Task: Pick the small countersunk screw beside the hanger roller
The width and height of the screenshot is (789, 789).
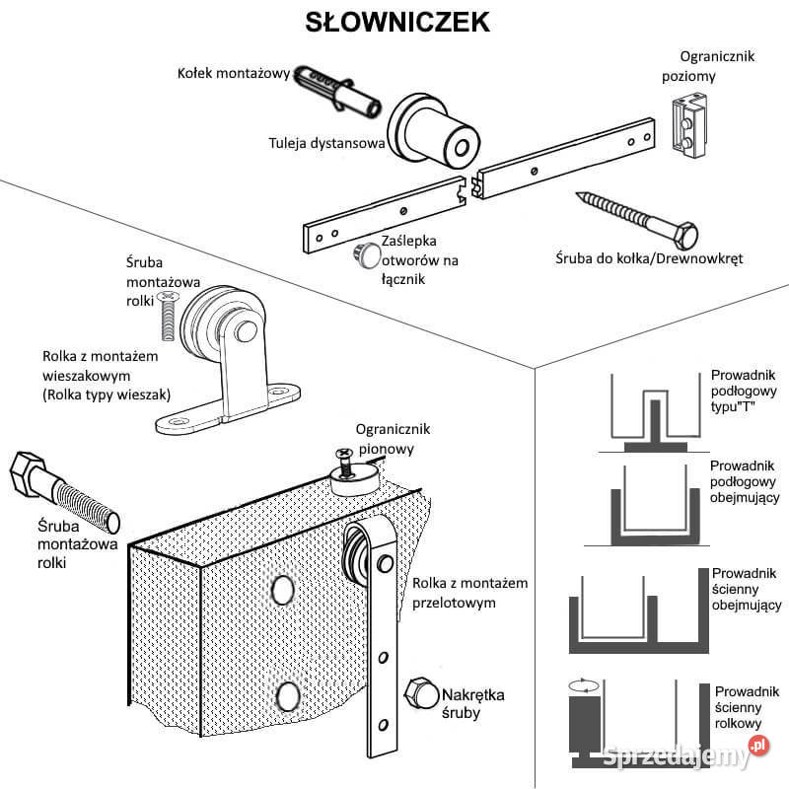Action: pyautogui.click(x=168, y=316)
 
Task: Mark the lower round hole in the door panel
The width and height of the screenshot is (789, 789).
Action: pyautogui.click(x=287, y=697)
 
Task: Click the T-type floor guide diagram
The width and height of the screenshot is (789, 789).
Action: pyautogui.click(x=651, y=414)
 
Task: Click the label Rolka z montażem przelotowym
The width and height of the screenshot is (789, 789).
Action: pyautogui.click(x=469, y=592)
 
